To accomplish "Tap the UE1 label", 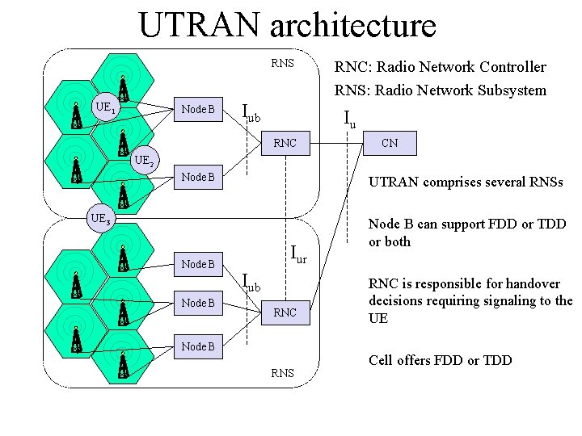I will (x=105, y=106).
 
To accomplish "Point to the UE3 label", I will (x=101, y=218).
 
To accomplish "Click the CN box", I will (x=390, y=144).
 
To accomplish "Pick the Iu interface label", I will (x=349, y=119).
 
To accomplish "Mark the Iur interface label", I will (x=299, y=256).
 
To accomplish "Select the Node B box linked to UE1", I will (x=198, y=109).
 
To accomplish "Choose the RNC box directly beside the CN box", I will (x=285, y=144).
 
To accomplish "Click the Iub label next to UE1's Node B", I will (x=251, y=113).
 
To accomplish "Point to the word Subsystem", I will (x=510, y=90).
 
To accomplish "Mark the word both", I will (x=397, y=241).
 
